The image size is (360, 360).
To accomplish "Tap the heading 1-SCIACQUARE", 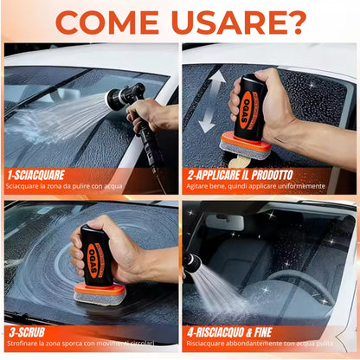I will [42, 173].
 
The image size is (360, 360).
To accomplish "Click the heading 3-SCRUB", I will [29, 331].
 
